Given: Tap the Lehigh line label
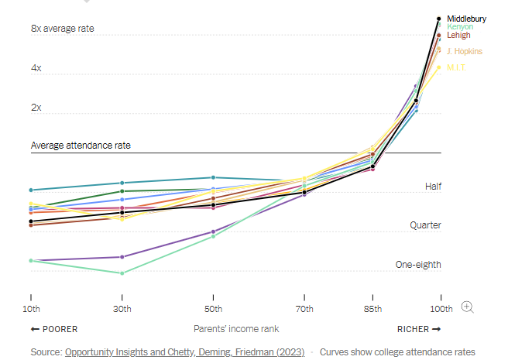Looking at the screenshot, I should [458, 36].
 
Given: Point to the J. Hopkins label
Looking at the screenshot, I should [464, 51].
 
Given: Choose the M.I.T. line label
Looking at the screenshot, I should [457, 67].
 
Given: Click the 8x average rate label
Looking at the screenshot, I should [63, 29].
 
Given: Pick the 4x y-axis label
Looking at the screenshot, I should [36, 68].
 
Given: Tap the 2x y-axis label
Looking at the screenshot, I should [36, 108].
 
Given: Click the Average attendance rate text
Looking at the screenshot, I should [81, 145].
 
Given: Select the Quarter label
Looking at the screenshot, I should [425, 225].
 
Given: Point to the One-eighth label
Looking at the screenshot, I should [418, 265].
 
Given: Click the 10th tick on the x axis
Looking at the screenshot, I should [30, 310].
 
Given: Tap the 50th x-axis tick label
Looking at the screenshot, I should [213, 310].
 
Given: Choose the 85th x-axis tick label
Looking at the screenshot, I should [372, 310].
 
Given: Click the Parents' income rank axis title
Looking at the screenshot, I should [236, 329].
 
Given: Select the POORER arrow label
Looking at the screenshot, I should [54, 329].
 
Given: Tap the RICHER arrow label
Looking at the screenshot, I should [418, 329].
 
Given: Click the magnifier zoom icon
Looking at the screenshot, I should [467, 307].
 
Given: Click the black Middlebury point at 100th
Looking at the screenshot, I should [439, 19].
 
